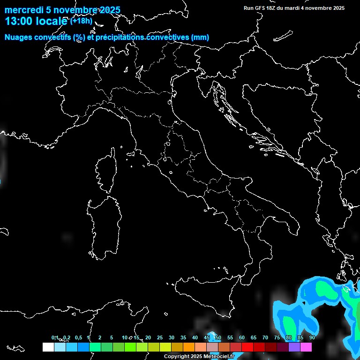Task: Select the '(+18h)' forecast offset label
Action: pos(81,21)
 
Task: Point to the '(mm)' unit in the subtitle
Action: pos(200,37)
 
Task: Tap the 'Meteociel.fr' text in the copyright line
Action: pos(218,356)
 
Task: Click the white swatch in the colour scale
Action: pos(48,347)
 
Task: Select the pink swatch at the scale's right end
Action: pos(306,347)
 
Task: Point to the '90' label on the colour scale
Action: pos(312,337)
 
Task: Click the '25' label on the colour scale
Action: pos(160,337)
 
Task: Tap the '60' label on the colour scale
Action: pos(242,337)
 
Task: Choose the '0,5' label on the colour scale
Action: pos(78,337)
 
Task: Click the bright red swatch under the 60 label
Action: pos(247,347)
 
